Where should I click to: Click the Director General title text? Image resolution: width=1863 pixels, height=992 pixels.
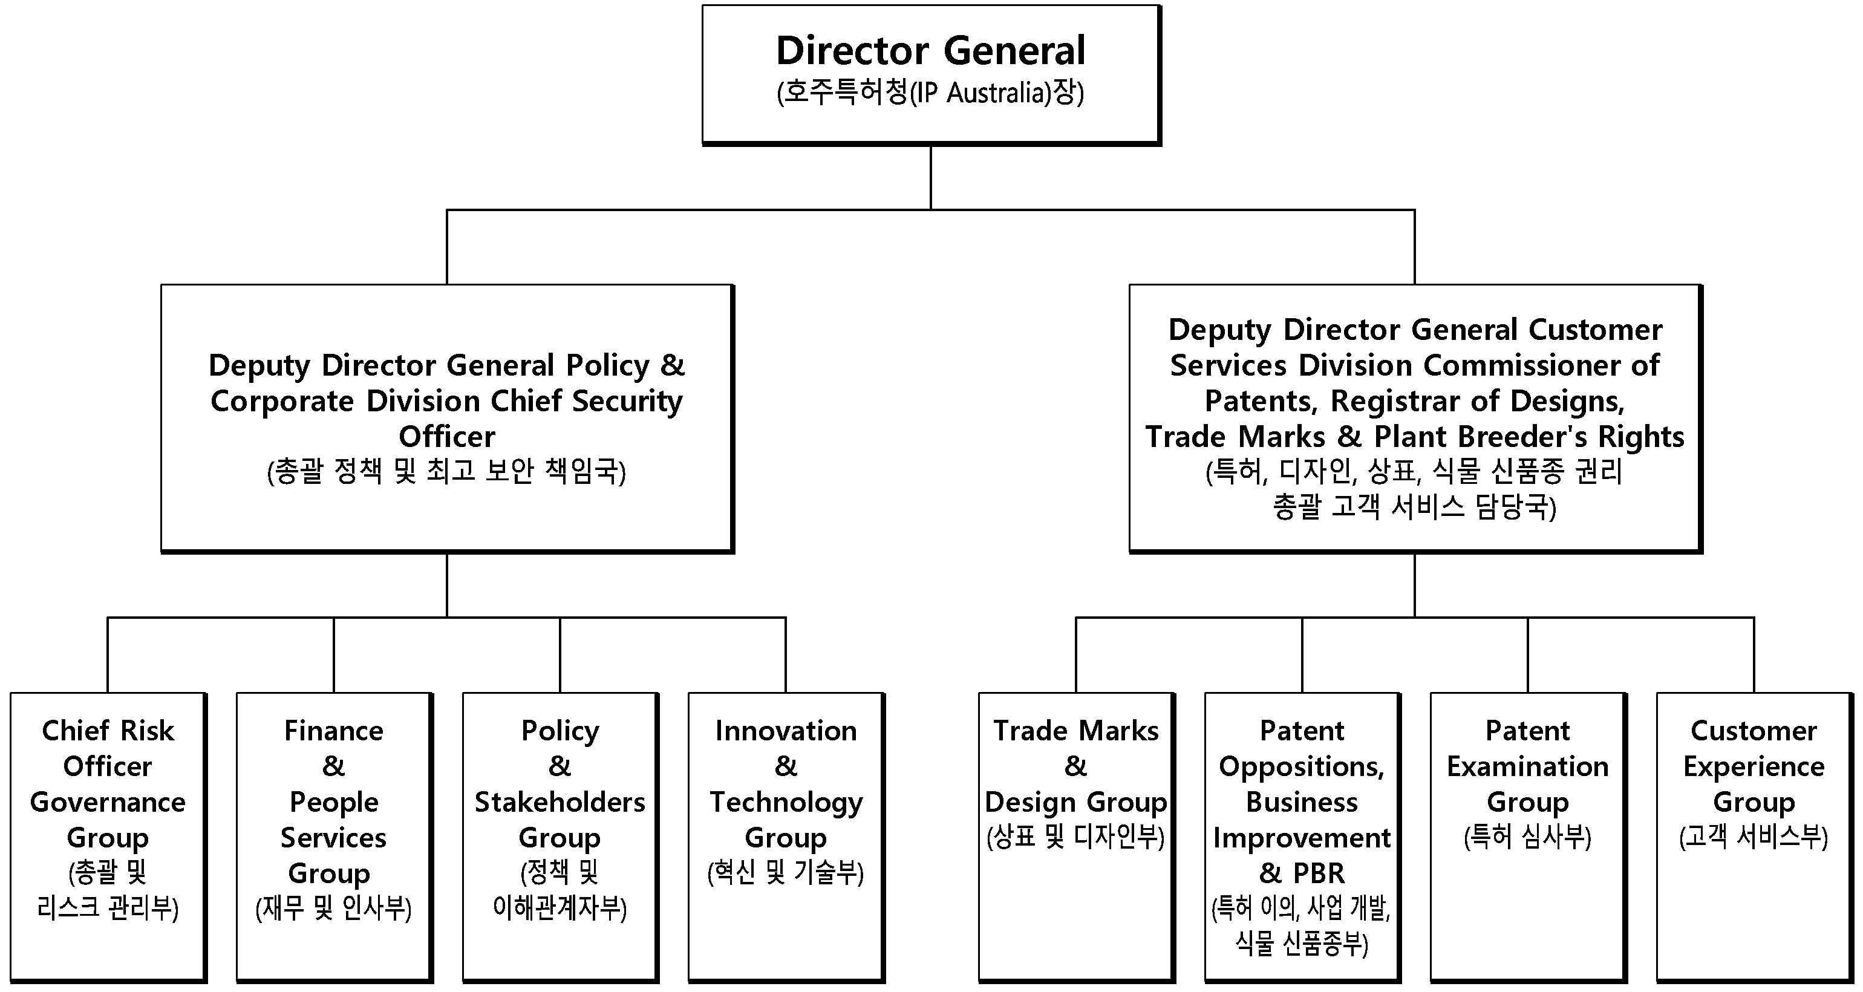pos(931,51)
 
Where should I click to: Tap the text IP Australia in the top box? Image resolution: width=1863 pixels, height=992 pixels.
pos(980,93)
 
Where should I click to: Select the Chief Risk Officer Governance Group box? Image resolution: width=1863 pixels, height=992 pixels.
pos(108,837)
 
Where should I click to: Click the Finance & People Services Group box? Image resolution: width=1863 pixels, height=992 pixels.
pos(334,837)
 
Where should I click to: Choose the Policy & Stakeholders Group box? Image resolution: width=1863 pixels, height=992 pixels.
pos(561,837)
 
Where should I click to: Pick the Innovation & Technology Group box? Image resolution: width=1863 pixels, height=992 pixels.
pos(786,837)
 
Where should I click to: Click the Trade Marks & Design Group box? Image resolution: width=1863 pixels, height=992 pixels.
pos(1076,837)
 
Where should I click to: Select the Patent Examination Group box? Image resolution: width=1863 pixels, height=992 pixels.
pos(1528,837)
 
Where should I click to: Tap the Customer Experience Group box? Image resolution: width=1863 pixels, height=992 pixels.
pos(1755,837)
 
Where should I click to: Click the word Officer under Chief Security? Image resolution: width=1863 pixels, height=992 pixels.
pos(447,437)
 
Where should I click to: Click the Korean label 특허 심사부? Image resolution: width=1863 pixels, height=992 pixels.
pos(1527,837)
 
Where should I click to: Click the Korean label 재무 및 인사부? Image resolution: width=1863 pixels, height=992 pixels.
pos(333,908)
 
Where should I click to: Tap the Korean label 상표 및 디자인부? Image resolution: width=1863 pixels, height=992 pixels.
pos(1075,837)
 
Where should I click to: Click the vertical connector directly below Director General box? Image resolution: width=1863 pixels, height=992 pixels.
pos(931,178)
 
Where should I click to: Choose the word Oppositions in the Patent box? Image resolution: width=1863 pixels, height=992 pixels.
pos(1302,767)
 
